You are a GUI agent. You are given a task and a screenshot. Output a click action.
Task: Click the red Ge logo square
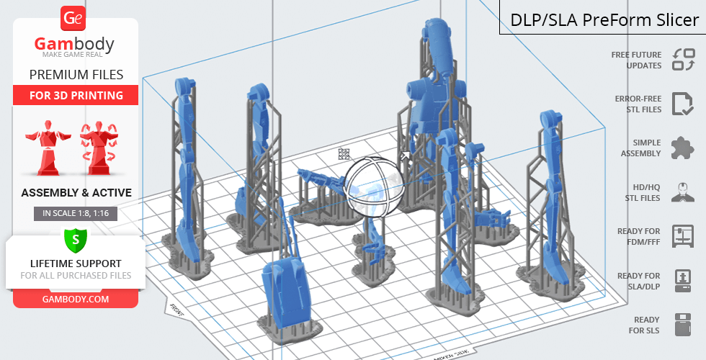tap(73, 18)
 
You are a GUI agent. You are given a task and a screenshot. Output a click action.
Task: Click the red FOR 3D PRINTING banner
tap(76, 95)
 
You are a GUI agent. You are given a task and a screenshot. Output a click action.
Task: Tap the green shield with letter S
tap(76, 240)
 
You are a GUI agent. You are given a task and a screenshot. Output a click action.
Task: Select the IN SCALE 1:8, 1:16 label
tap(76, 213)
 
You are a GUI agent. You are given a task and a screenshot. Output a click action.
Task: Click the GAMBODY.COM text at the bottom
tap(76, 300)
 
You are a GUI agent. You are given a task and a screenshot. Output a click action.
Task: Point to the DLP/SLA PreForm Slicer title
tap(604, 20)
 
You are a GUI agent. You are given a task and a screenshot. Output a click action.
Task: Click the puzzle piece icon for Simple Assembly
tap(683, 148)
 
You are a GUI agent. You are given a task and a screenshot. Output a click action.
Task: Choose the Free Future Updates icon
tap(684, 60)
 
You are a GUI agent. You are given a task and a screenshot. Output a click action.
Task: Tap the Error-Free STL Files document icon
tap(683, 104)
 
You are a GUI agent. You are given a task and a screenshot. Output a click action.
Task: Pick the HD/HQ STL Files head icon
tap(683, 192)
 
